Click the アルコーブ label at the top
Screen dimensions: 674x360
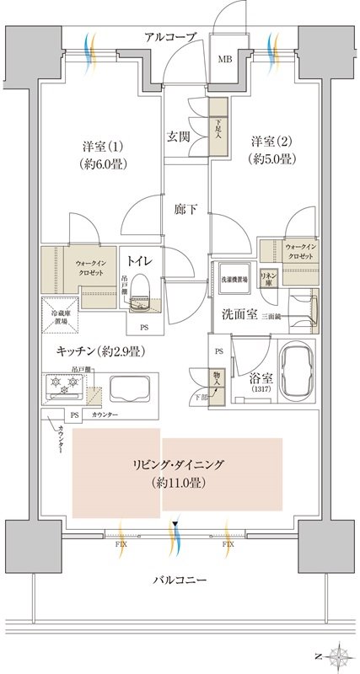[170, 37]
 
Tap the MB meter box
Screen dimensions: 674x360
[226, 59]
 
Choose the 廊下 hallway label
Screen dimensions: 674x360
[186, 211]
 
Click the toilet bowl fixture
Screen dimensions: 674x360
[142, 292]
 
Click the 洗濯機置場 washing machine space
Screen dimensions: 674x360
[233, 280]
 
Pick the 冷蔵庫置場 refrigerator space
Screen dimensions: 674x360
[60, 313]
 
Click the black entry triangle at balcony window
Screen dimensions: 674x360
[175, 525]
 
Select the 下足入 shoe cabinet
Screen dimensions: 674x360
[218, 129]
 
